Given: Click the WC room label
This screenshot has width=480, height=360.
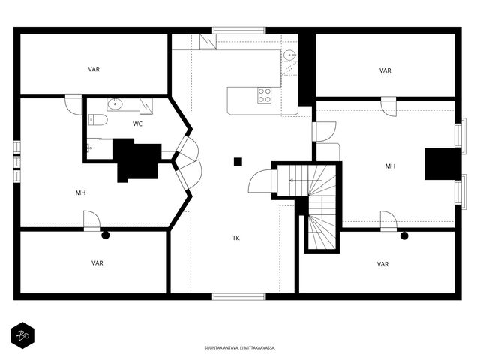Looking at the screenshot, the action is (137, 124).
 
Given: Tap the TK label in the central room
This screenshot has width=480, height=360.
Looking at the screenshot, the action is (236, 238).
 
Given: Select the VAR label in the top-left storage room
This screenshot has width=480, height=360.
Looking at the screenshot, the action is (94, 69).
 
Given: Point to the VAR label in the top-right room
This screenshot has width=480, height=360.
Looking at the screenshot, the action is (385, 70).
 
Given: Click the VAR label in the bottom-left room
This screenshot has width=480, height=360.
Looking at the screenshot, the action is (97, 263).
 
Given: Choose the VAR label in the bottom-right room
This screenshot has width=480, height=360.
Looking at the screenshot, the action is (383, 264).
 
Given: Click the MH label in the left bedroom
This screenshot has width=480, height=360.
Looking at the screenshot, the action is (81, 193).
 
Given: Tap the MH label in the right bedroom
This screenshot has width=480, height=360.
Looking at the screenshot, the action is (390, 166).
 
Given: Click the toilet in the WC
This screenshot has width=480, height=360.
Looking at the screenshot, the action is (98, 120).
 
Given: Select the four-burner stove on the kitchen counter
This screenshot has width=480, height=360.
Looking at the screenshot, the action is (264, 95).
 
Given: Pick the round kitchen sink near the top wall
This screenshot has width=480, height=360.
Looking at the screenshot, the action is (289, 55).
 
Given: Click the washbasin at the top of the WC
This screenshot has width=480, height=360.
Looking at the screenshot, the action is (115, 104).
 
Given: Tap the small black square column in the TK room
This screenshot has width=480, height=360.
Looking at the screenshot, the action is (238, 162).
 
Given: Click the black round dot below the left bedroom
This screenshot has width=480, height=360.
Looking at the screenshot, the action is (106, 235).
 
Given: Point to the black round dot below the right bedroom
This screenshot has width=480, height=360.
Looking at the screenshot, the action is (404, 235).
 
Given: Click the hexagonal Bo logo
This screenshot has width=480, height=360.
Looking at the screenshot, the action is (22, 335).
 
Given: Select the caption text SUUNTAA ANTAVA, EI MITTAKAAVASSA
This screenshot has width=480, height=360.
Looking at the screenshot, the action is (240, 348).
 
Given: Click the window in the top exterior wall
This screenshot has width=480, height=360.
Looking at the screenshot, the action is (239, 30).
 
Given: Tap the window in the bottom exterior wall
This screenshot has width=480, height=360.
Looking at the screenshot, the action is (239, 296).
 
